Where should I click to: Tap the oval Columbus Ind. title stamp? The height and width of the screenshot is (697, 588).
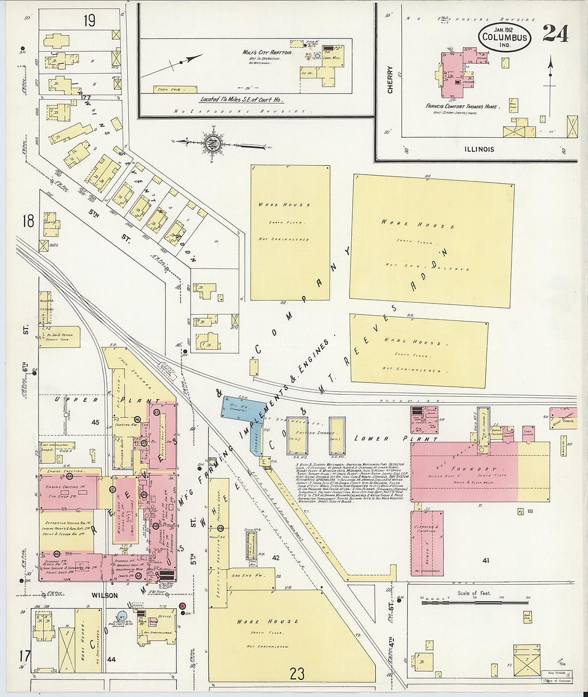coord(505,37)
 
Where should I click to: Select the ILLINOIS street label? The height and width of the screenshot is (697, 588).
coord(479,150)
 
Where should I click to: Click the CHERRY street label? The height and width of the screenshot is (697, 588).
coord(390,80)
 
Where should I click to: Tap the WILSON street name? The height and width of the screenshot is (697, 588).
coord(104,594)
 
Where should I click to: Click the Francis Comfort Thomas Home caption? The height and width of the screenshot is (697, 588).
coord(462,106)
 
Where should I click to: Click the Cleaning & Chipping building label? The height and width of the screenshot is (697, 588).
coord(427,528)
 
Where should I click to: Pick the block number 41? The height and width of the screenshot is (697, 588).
coord(485,560)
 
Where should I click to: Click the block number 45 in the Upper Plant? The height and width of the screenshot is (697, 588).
coord(96,422)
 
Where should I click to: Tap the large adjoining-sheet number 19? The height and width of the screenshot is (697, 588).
coord(89,21)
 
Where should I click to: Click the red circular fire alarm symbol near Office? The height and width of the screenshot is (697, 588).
coord(182,606)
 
